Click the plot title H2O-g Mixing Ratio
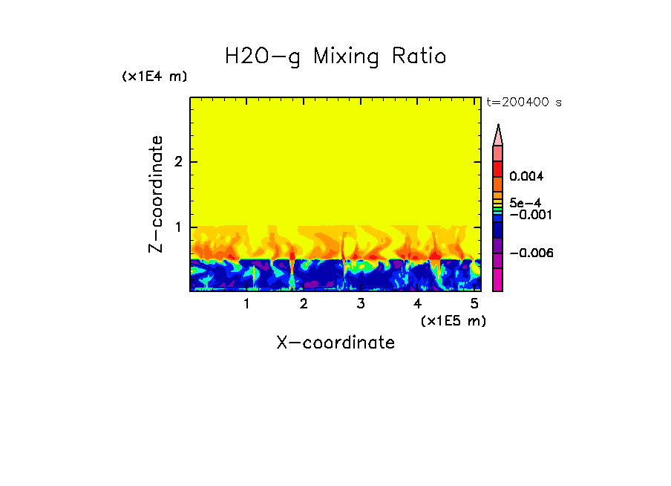click(335, 56)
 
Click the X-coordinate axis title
click(335, 343)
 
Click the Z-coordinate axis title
click(156, 194)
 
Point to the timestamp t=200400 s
click(524, 103)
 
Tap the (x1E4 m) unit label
click(154, 77)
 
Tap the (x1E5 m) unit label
click(453, 320)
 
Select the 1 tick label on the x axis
click(246, 303)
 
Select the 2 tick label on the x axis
click(303, 303)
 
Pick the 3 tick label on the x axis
click(360, 303)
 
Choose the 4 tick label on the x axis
click(417, 303)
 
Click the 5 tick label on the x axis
click(474, 303)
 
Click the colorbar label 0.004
click(527, 177)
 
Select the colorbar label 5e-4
click(525, 202)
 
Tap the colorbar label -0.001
click(528, 214)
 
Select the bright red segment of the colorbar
click(498, 168)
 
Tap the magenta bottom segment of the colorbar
click(498, 279)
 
